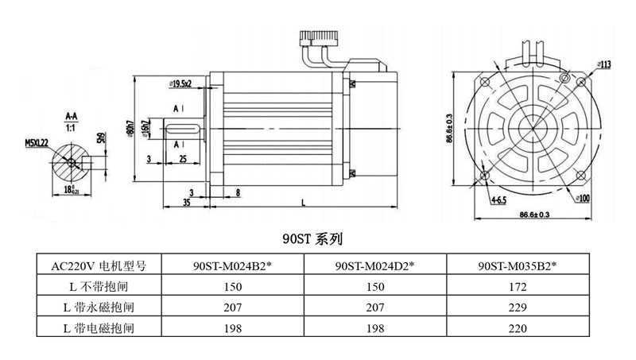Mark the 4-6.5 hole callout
(x=498, y=199)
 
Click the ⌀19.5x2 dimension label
(x=185, y=83)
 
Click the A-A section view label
(x=71, y=115)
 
